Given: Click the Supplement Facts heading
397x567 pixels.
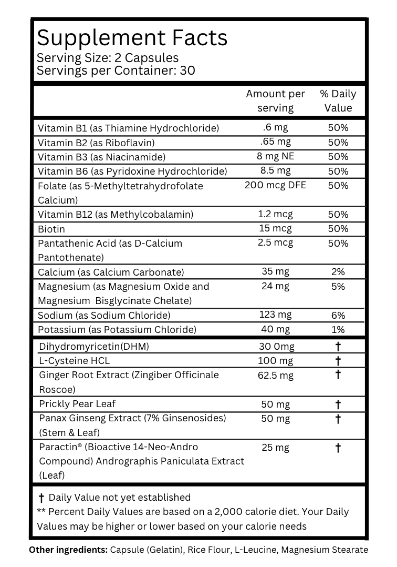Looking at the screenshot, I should [132, 38].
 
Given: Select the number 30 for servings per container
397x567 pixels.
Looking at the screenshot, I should [187, 70].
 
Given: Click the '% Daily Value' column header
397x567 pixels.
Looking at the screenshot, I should [338, 101].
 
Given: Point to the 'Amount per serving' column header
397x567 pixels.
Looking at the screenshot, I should [275, 101].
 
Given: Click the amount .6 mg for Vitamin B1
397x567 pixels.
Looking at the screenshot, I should [275, 127].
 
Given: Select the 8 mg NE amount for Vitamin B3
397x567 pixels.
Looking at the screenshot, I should [275, 156].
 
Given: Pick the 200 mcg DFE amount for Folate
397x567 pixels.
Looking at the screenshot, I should [275, 185].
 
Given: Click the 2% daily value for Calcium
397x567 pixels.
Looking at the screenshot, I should [338, 272].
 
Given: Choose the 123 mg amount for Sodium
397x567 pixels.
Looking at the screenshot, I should [275, 315].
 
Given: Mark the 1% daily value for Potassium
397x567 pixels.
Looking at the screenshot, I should [338, 330].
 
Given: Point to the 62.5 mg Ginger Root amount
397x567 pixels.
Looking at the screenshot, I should [276, 376].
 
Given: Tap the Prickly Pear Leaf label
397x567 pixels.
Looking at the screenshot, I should [77, 404].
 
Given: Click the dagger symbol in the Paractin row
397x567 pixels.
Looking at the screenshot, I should [338, 448].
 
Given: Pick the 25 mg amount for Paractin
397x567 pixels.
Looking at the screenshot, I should [275, 448].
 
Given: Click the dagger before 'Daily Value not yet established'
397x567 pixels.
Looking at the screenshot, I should [41, 498].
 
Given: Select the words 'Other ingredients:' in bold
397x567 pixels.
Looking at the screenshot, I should [68, 550].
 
